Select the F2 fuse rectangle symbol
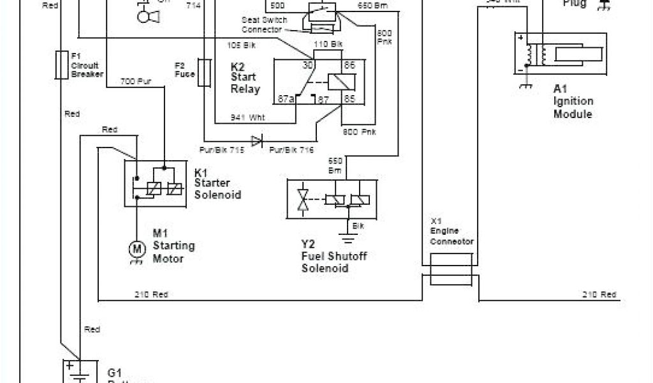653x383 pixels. (x=205, y=73)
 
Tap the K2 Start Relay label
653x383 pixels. (x=245, y=77)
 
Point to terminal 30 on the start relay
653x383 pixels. (x=307, y=65)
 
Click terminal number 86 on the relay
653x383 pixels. (x=349, y=65)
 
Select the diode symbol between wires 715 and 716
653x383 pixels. (x=257, y=141)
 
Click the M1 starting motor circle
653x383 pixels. (x=135, y=247)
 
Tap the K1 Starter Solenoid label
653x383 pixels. (x=217, y=183)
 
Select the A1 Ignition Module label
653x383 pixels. (x=573, y=101)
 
